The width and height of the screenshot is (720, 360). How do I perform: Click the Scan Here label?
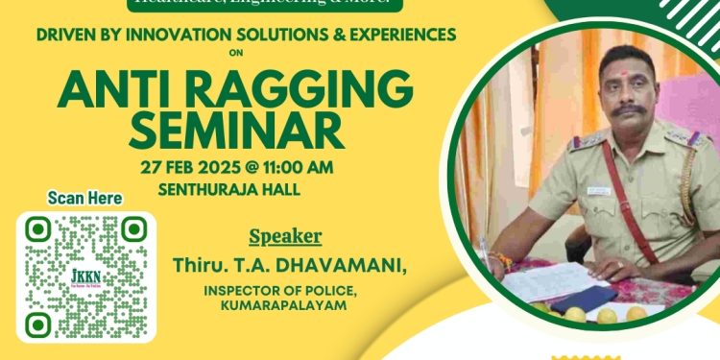[84, 199]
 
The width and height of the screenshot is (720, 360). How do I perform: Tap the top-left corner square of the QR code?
[37, 228]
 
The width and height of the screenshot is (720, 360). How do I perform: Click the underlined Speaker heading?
[285, 236]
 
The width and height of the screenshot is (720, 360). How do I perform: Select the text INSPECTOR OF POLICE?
[276, 289]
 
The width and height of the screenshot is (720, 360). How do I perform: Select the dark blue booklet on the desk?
[588, 298]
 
